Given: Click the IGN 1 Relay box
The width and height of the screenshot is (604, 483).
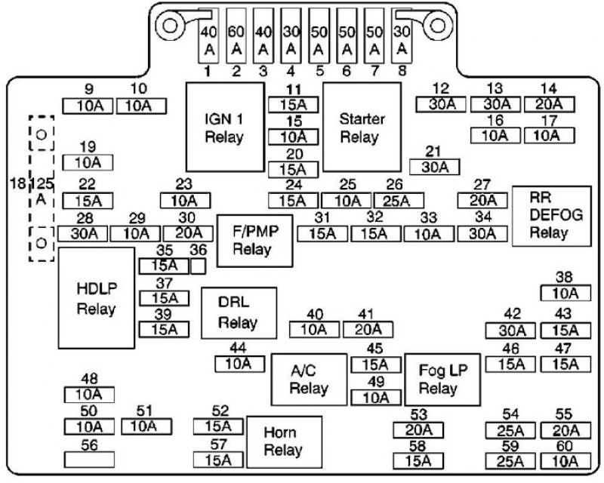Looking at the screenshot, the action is pyautogui.click(x=225, y=127).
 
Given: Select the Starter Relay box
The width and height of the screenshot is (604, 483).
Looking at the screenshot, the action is pyautogui.click(x=362, y=127).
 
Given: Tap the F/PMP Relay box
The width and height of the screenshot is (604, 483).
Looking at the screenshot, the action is pyautogui.click(x=255, y=241).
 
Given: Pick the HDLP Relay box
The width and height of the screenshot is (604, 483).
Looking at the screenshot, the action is pyautogui.click(x=97, y=298).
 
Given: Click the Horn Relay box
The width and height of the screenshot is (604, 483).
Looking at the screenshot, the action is pyautogui.click(x=285, y=441).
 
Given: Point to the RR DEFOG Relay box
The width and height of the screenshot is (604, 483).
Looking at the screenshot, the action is pyautogui.click(x=552, y=216).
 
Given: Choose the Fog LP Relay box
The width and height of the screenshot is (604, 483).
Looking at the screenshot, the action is pyautogui.click(x=442, y=380).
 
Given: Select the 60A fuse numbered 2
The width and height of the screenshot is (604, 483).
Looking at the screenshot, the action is pyautogui.click(x=236, y=35).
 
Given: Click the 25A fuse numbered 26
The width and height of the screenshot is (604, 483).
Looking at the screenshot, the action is pyautogui.click(x=399, y=201).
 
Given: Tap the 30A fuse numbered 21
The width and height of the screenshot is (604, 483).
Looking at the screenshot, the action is pyautogui.click(x=435, y=167).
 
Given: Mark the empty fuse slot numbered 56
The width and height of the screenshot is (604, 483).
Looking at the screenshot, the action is pyautogui.click(x=89, y=460).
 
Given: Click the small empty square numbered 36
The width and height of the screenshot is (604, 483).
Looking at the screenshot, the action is pyautogui.click(x=198, y=266).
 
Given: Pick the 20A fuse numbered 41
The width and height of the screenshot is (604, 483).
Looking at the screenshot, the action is pyautogui.click(x=368, y=330).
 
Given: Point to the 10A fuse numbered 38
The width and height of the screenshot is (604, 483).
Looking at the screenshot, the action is pyautogui.click(x=565, y=293).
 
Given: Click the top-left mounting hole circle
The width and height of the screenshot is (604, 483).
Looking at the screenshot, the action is pyautogui.click(x=169, y=26).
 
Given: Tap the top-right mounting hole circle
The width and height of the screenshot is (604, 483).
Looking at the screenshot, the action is pyautogui.click(x=437, y=26).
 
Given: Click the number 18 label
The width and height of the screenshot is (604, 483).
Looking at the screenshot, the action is pyautogui.click(x=17, y=183).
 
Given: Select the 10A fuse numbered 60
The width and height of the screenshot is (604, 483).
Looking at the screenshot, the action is pyautogui.click(x=565, y=461).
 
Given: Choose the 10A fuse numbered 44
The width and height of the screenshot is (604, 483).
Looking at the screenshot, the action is pyautogui.click(x=240, y=364).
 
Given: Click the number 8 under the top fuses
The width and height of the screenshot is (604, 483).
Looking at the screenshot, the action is pyautogui.click(x=402, y=71).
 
